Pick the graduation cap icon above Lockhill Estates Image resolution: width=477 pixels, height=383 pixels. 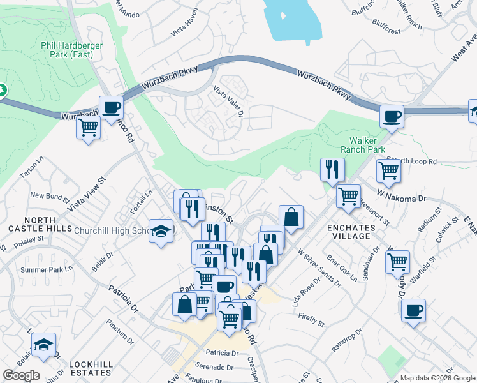click(43, 345)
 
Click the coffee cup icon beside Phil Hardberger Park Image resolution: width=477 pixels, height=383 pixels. click(112, 107)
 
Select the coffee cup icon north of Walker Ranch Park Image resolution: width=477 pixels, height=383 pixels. click(392, 117)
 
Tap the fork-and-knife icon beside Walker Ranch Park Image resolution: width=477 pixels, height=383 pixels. click(332, 169)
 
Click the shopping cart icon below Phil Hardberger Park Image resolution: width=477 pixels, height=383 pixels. click(88, 128)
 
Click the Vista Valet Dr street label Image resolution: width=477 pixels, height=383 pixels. click(228, 101)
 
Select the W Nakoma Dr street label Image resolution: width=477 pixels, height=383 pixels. click(401, 195)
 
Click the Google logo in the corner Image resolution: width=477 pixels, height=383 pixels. click(22, 375)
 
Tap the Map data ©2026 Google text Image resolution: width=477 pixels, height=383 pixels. click(437, 378)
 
